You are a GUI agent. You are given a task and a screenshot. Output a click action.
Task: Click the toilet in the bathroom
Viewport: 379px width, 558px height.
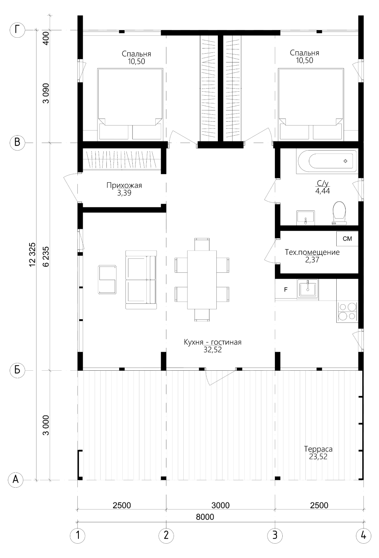click(x=339, y=213)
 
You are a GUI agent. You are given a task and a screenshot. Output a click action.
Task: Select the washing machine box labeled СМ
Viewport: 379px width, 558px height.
click(x=347, y=239)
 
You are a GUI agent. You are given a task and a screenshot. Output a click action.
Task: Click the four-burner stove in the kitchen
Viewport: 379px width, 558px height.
click(x=347, y=311)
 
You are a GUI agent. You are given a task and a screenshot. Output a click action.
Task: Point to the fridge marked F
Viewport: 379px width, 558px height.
click(x=286, y=289)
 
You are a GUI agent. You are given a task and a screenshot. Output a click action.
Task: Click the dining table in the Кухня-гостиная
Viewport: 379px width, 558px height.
click(x=202, y=279)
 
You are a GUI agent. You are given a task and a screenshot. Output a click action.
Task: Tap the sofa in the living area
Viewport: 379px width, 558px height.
click(x=141, y=280)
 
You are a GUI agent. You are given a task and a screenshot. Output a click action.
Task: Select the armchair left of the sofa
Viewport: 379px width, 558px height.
click(x=107, y=280)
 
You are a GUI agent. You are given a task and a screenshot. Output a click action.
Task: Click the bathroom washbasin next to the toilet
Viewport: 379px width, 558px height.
click(x=306, y=218)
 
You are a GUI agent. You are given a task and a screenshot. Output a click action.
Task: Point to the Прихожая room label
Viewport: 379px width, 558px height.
click(x=124, y=185)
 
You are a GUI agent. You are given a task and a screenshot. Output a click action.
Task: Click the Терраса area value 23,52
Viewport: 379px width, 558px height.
click(x=318, y=457)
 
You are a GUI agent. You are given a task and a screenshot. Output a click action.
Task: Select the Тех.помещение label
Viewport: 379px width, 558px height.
click(x=312, y=252)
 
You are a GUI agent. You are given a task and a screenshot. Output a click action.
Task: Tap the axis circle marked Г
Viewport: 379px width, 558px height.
click(x=17, y=30)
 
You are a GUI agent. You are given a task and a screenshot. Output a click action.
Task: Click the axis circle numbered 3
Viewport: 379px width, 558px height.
click(x=275, y=535)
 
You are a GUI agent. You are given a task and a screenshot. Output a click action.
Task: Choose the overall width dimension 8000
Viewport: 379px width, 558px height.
click(x=205, y=517)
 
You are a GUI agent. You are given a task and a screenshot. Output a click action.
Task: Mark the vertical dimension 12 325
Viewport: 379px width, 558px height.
click(x=33, y=255)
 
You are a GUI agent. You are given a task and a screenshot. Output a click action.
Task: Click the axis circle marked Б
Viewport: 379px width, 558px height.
click(x=17, y=370)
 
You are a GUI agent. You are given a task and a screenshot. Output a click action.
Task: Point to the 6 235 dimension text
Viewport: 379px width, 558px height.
click(x=46, y=256)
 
